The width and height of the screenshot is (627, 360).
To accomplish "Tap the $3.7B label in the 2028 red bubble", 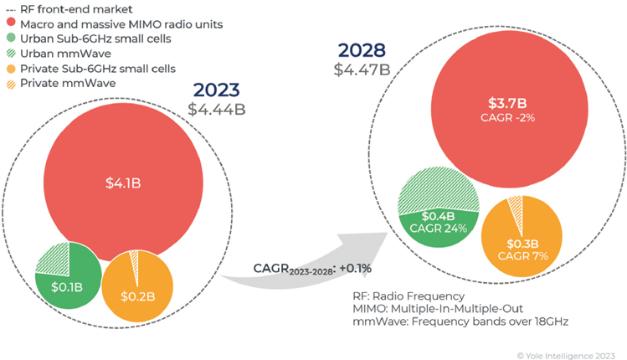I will click(506, 104).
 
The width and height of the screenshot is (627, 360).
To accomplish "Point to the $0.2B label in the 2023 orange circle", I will click(136, 295).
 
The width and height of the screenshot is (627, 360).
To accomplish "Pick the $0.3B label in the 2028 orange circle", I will click(517, 243).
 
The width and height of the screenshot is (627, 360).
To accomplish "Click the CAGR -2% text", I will click(506, 119).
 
